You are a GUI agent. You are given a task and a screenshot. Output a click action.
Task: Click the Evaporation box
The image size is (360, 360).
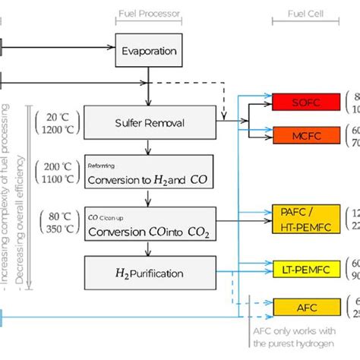point(149,51)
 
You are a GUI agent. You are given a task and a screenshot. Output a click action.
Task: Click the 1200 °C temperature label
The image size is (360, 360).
point(58,129)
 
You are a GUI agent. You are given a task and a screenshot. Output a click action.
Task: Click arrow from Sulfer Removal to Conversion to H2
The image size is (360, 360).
point(149,147)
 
